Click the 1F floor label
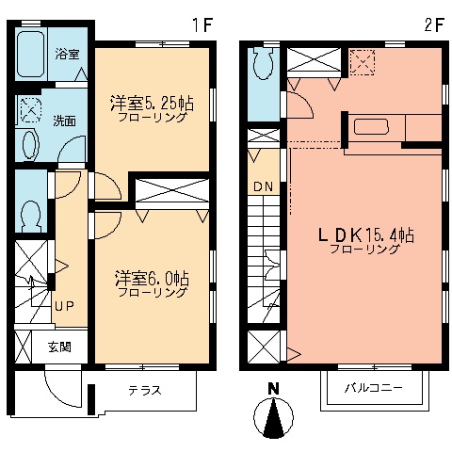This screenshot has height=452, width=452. coord(202,25)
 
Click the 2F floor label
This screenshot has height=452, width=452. coord(433,25)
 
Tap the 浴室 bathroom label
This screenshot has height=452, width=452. coord(67,54)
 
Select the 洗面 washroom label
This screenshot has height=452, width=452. coord(64,121)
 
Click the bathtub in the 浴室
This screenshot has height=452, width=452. coord(31,54)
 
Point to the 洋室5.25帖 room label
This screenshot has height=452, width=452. coord(152,104)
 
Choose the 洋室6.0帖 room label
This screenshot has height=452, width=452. coord(152,279)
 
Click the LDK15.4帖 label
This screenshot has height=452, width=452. coord(366,235)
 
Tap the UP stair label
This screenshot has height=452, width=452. coord(64,306)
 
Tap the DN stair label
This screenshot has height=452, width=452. coord(263,186)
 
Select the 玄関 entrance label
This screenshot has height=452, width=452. coord(59,347)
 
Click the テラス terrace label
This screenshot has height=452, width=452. coord(145,390)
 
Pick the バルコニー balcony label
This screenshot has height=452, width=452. coord(374,388)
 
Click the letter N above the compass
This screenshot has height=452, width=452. coord(274,389)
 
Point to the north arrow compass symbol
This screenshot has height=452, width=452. coord(273,418)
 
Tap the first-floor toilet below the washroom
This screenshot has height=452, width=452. coord(31,216)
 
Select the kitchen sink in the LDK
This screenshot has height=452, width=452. coord(372,127)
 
